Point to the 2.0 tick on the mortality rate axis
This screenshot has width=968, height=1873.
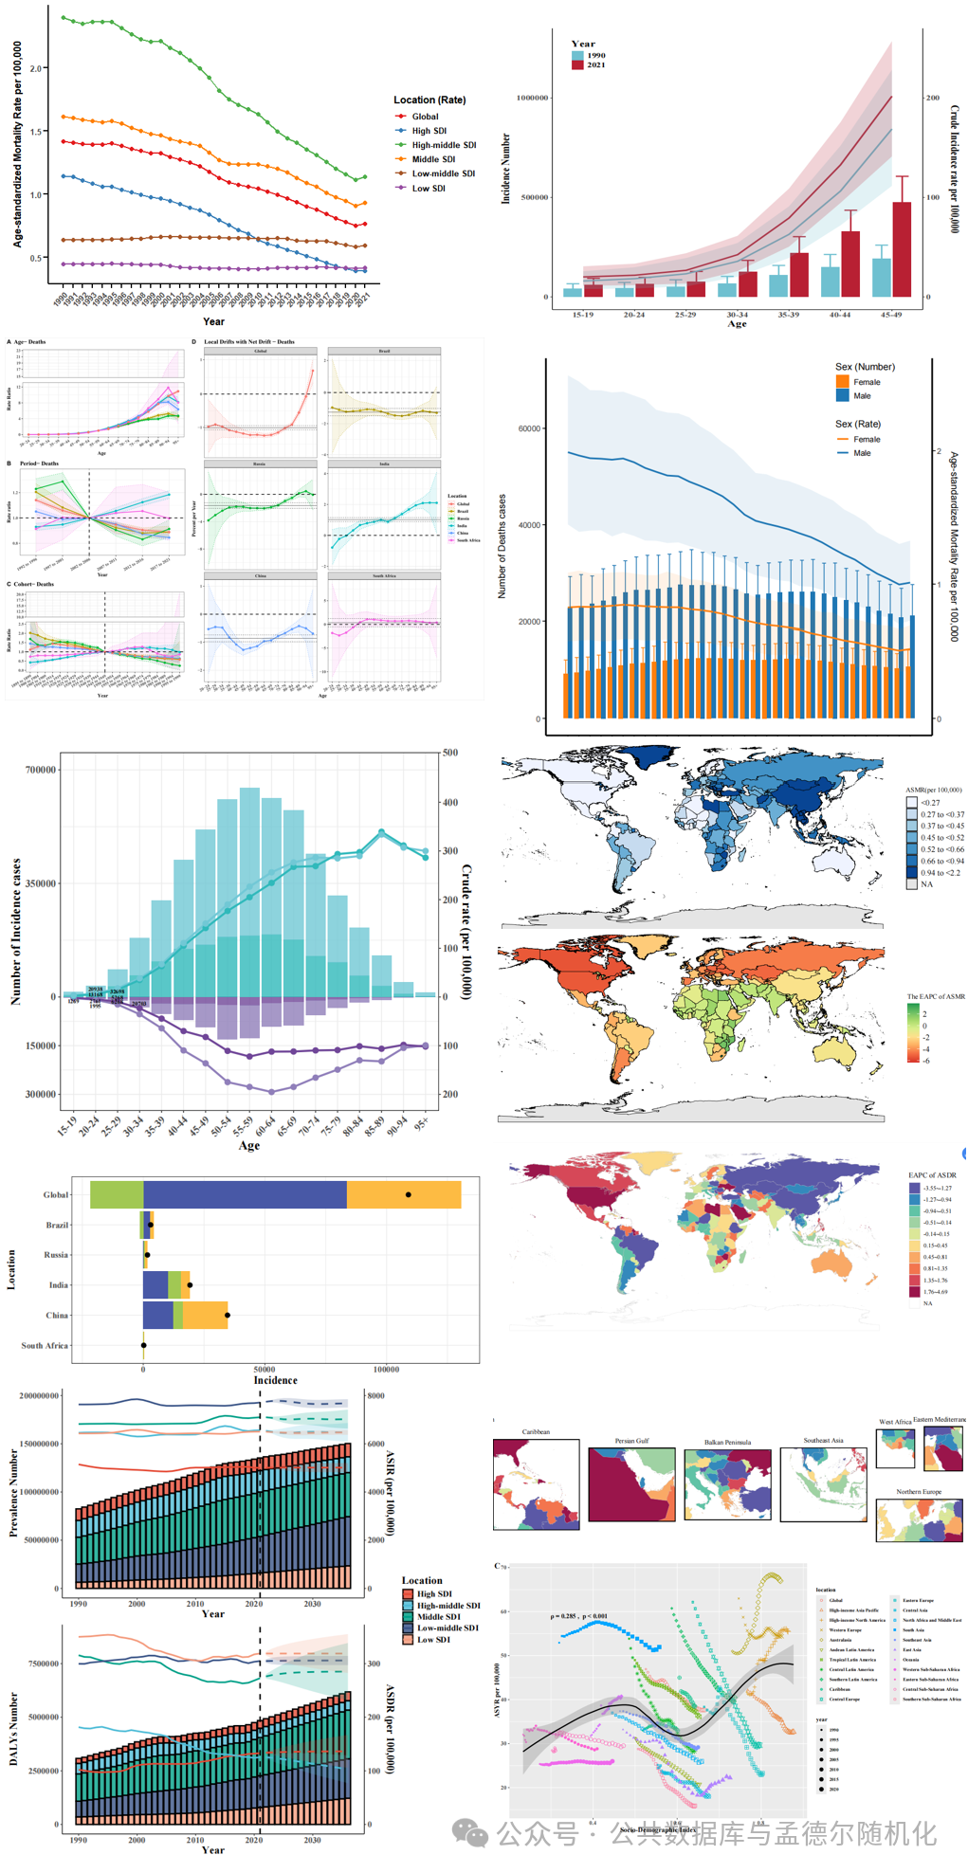coord(35,69)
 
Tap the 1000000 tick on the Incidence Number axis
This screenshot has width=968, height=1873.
coord(532,98)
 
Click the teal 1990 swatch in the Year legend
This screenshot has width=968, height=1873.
coord(577,56)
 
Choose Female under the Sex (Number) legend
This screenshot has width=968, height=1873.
coord(867,382)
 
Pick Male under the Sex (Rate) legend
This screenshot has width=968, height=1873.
coord(861,453)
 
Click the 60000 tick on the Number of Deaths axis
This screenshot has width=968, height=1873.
coord(529,428)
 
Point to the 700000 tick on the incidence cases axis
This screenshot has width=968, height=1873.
coord(41,770)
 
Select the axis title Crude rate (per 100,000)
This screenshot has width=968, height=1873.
coord(466,931)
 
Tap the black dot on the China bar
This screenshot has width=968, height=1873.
coord(228,1315)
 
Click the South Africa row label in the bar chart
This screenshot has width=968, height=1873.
coord(45,1345)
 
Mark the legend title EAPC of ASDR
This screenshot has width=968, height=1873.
coord(932,1175)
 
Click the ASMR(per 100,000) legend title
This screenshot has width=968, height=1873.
coord(933,790)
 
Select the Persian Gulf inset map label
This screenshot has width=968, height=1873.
coord(631,1441)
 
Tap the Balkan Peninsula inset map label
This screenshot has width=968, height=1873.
coord(727,1442)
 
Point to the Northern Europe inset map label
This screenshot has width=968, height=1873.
coord(919,1492)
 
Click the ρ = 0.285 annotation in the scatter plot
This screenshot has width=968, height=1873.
coord(578,1616)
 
